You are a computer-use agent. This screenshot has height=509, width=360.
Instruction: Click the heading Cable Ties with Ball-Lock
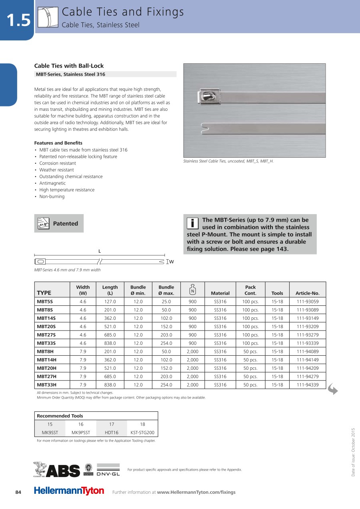point(69,66)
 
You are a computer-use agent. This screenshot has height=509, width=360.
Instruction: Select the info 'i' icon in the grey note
point(193,223)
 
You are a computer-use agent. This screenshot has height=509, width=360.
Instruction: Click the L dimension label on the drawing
point(100,251)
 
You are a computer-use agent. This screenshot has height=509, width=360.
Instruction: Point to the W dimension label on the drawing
point(172,262)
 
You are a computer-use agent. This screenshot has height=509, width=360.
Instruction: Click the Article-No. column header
point(308,293)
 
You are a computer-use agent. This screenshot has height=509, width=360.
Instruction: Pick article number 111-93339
point(308,343)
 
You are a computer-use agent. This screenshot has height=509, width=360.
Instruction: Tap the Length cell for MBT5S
point(110,302)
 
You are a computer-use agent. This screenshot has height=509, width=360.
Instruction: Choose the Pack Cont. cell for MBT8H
point(250,352)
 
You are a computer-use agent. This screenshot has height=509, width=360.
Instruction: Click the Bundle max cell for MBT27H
point(166,377)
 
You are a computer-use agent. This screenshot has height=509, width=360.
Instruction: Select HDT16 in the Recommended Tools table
point(112,433)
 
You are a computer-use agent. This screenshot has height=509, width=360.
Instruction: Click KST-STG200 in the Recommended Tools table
point(142,433)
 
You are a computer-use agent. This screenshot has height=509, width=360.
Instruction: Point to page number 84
point(18,492)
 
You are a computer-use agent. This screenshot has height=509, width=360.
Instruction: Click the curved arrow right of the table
point(332,389)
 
